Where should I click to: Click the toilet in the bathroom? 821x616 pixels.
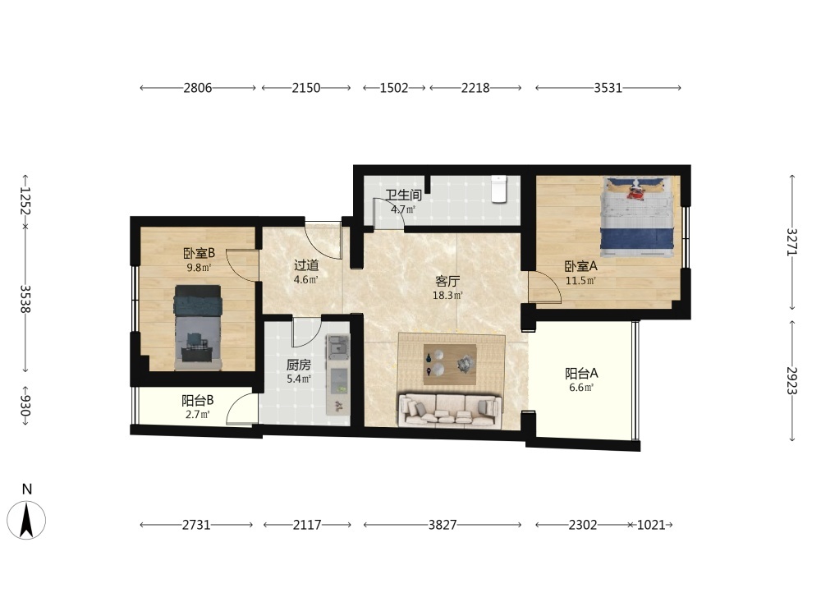click(499, 189)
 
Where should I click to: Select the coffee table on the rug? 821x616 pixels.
click(450, 364)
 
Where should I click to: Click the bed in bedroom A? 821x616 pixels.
click(637, 217)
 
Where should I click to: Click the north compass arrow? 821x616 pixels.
click(26, 520)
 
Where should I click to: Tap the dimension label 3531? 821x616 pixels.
click(608, 88)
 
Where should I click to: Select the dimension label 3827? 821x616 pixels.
click(443, 524)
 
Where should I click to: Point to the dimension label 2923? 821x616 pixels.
click(791, 380)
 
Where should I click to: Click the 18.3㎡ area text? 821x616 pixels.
click(447, 296)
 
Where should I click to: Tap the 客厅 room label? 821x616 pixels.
click(447, 281)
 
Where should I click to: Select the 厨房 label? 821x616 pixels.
click(299, 365)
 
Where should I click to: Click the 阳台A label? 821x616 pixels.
click(581, 374)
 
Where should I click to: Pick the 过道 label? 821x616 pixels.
click(305, 265)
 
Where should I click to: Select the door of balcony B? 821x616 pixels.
click(242, 408)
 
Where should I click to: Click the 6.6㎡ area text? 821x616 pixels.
click(581, 388)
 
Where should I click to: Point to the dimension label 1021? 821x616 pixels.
click(651, 524)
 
